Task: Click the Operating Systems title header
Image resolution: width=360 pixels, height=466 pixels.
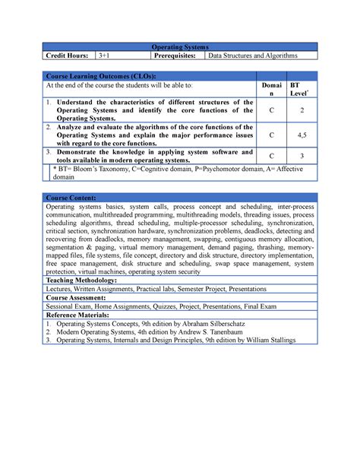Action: coord(179,46)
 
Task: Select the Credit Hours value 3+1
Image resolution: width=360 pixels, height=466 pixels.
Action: coord(103,55)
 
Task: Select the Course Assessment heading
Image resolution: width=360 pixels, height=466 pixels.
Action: coord(77,298)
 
